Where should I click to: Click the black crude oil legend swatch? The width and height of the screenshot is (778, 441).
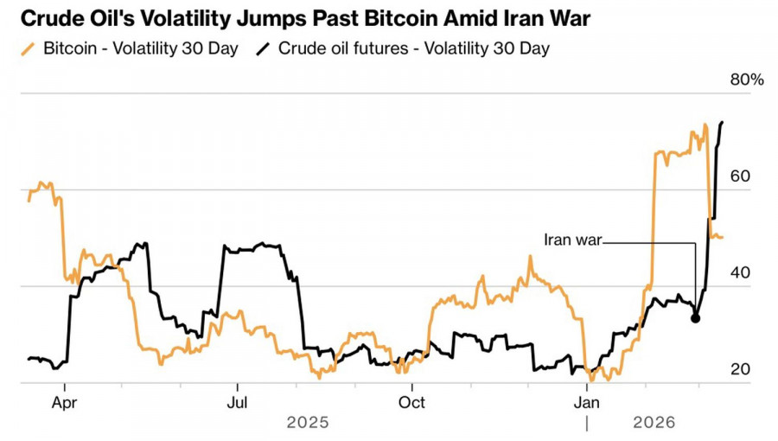click(x=262, y=48)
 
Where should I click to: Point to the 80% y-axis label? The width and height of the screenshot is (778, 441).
click(x=747, y=80)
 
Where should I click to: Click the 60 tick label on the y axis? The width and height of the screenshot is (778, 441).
click(x=739, y=176)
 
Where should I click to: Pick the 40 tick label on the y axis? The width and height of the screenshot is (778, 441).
click(x=739, y=273)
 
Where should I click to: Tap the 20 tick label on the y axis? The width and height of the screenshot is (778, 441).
click(x=739, y=370)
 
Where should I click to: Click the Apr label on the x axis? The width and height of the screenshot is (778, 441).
click(x=65, y=402)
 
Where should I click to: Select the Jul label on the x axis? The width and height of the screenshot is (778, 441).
click(x=238, y=402)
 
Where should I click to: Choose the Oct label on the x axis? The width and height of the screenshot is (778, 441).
click(x=412, y=402)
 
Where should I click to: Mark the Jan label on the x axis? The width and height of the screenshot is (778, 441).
click(x=587, y=402)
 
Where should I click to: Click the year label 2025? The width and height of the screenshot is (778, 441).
click(x=308, y=423)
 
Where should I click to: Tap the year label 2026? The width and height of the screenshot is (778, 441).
click(x=654, y=423)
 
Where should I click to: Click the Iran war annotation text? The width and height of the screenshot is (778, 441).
click(x=571, y=239)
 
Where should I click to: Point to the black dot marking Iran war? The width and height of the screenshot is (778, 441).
click(x=696, y=318)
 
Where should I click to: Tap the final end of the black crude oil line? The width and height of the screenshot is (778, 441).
click(x=722, y=123)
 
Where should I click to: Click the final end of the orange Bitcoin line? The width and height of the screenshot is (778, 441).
click(x=723, y=237)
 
